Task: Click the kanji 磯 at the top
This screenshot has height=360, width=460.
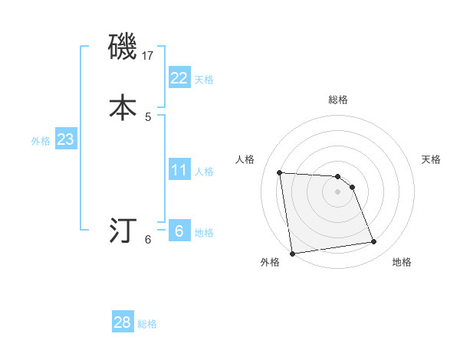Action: (x=123, y=47)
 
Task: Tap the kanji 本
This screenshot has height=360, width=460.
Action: (x=123, y=107)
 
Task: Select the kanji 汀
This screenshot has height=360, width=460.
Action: (x=123, y=229)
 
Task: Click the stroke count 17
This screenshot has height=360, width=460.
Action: (x=149, y=56)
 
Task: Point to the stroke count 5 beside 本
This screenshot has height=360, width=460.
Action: (x=148, y=116)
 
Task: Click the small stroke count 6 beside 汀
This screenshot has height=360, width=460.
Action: (x=148, y=240)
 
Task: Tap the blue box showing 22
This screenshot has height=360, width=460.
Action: (x=179, y=77)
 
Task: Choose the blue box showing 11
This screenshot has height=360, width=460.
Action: (x=179, y=169)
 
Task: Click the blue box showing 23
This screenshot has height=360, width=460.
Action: (x=65, y=139)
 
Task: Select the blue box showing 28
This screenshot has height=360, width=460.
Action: (x=123, y=322)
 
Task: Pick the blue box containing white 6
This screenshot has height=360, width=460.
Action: (x=179, y=231)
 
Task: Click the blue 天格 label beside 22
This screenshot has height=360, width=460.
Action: (x=204, y=80)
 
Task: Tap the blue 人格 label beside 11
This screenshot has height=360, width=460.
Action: (x=204, y=172)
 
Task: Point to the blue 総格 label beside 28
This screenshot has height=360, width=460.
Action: (x=147, y=325)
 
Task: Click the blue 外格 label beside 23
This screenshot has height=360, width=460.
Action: (x=41, y=142)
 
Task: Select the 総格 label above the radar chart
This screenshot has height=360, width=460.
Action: (x=338, y=100)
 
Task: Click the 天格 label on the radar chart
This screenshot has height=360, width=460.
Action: (x=431, y=159)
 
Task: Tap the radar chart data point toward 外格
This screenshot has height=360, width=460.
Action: (x=291, y=253)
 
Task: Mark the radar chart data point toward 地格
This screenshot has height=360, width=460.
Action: (x=374, y=242)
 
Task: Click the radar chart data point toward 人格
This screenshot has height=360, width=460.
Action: (x=280, y=172)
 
